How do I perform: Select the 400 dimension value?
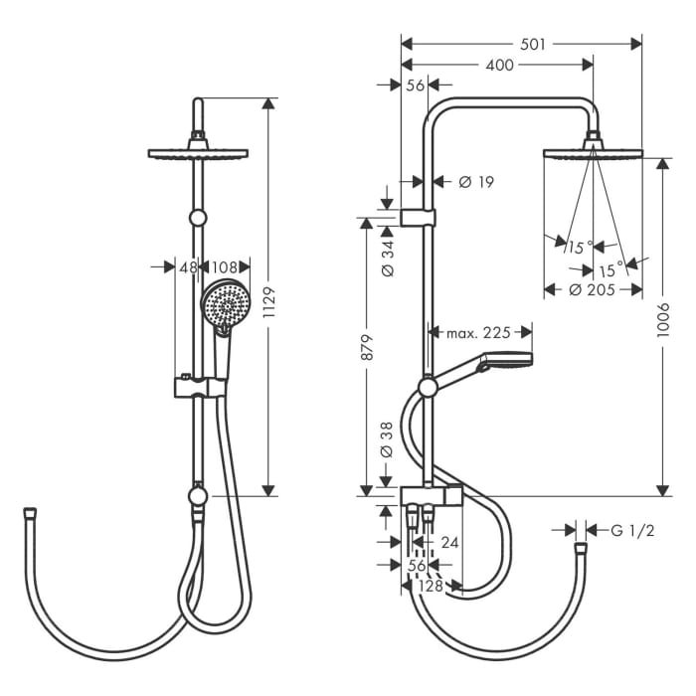pos(501,65)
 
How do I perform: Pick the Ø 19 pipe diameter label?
pos(476,181)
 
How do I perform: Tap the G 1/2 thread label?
pos(632,530)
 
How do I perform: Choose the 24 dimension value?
pos(450,542)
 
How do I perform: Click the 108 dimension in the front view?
pos(226,266)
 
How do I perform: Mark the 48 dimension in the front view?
pos(186,266)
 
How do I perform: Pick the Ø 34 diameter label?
pos(387,258)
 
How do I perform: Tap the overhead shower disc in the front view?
pos(198,153)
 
